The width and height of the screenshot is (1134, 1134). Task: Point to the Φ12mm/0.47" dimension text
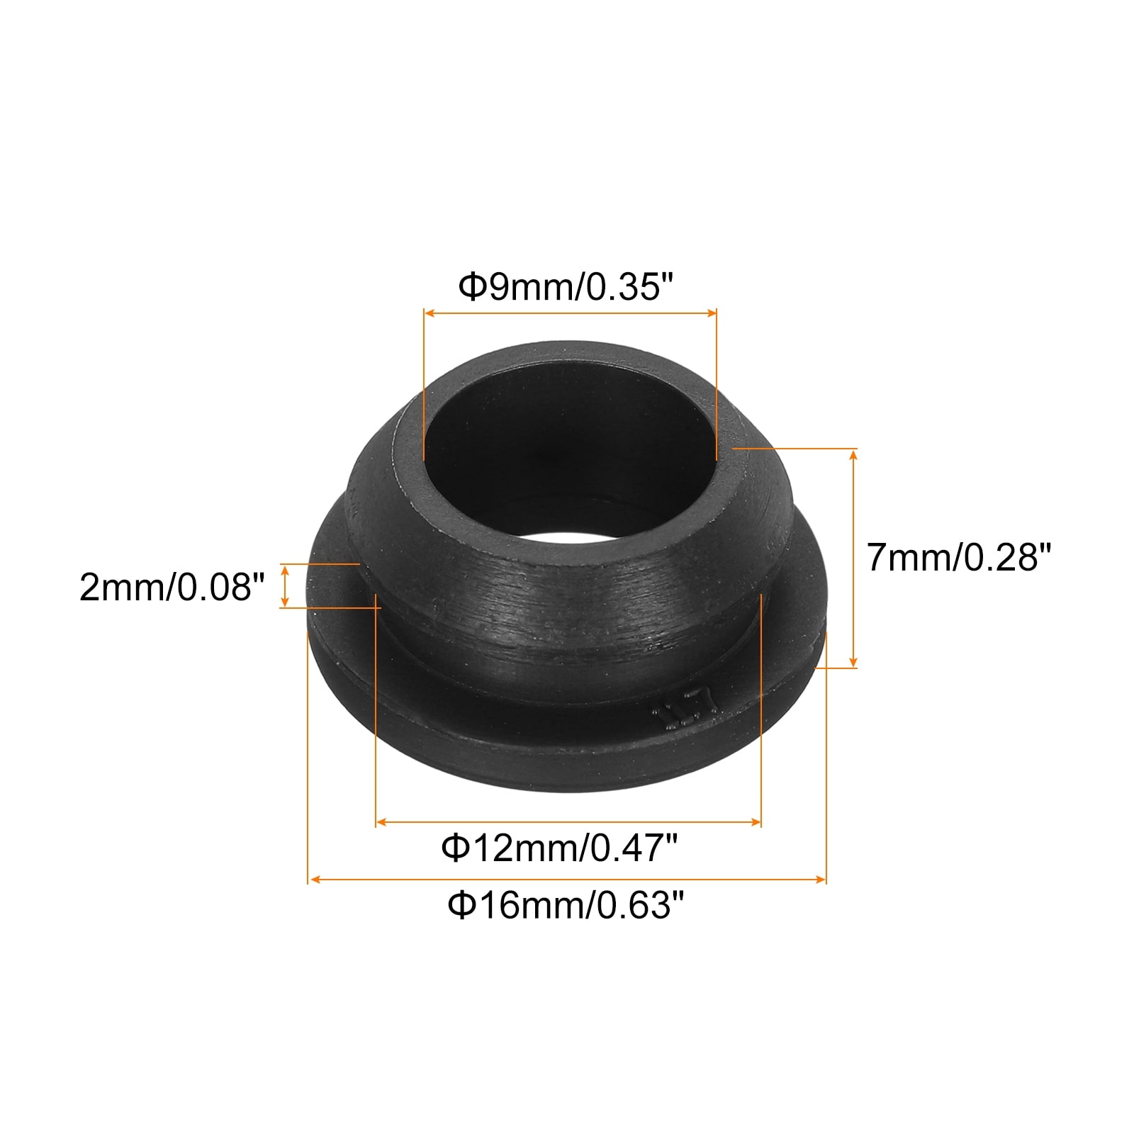coord(560,847)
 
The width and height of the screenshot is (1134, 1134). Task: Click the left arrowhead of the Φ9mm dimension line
coord(429,312)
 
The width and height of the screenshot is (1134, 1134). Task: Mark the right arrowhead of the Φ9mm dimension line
coord(712,312)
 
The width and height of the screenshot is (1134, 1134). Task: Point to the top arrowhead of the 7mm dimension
coord(853,454)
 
